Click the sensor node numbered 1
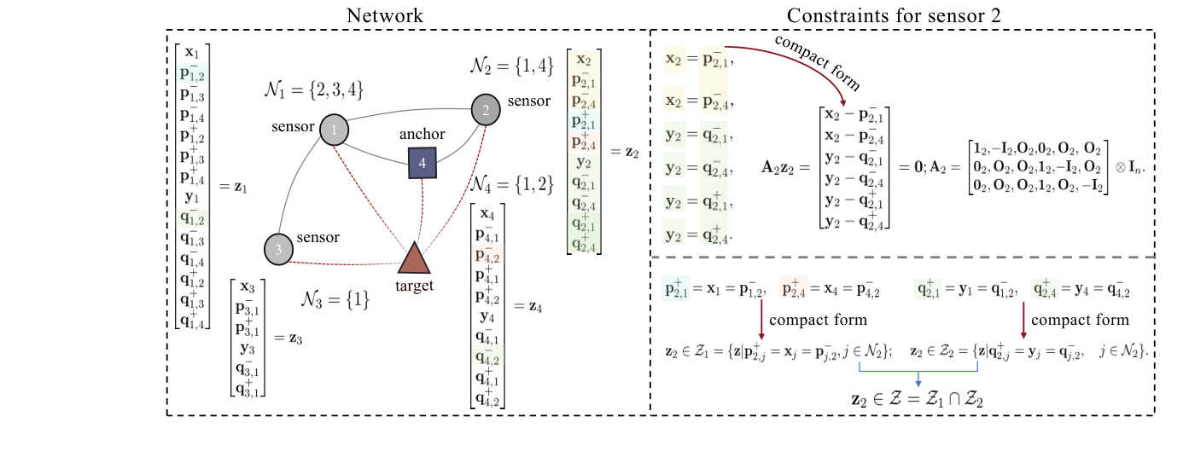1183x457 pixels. (x=334, y=130)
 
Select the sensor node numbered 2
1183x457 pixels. (x=485, y=110)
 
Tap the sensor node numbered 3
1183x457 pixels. (x=278, y=248)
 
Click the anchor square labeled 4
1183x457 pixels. (x=422, y=162)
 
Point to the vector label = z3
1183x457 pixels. (x=287, y=336)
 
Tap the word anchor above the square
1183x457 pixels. (x=422, y=136)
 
